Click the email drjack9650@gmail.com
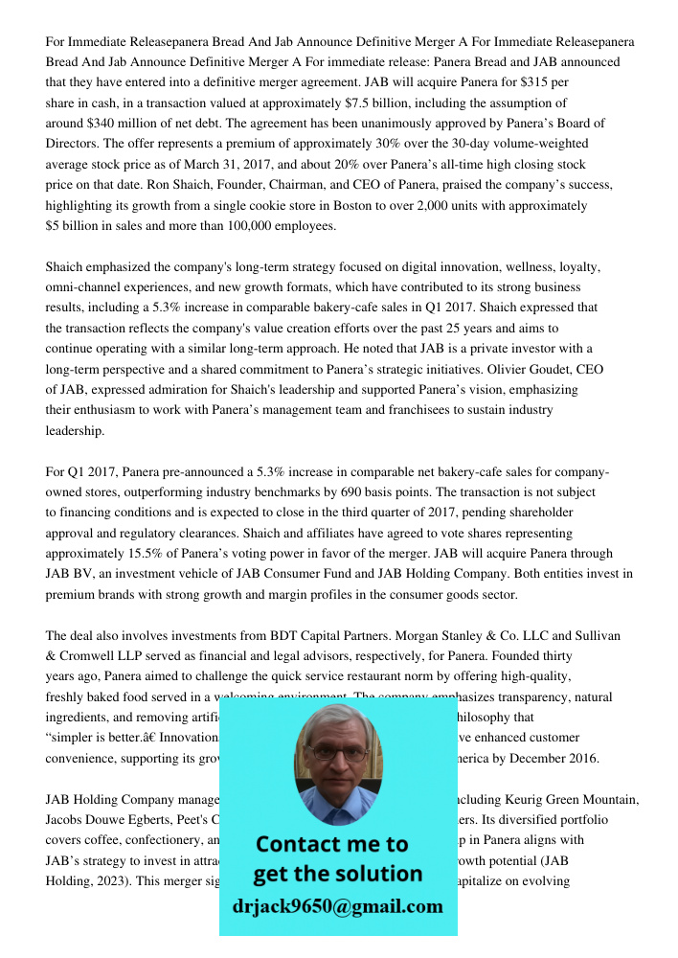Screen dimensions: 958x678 [337, 906]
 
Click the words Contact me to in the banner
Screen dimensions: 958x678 [332, 844]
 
